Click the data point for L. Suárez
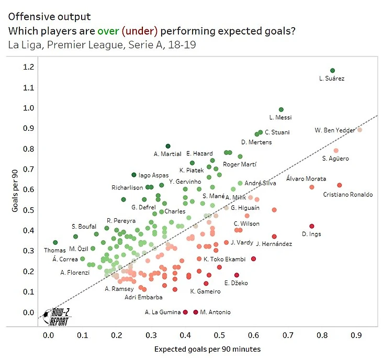[x=332, y=71]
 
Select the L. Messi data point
[x=281, y=109]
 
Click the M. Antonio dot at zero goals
[x=196, y=312]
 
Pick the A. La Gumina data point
[x=185, y=312]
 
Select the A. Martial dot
[x=168, y=146]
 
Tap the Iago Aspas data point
[x=133, y=175]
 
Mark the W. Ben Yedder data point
[x=359, y=130]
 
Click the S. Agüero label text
[x=335, y=159]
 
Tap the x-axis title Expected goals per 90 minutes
[x=207, y=348]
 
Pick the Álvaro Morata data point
[x=312, y=187]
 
